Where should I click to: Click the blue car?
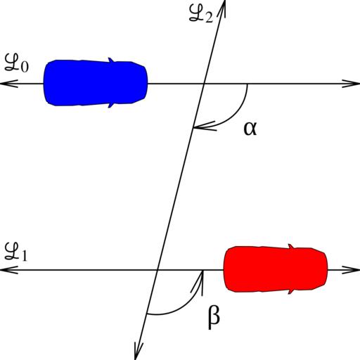click(96, 83)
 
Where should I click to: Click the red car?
click(276, 269)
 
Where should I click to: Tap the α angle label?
click(250, 129)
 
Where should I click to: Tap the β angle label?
click(214, 317)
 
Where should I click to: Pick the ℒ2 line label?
click(201, 14)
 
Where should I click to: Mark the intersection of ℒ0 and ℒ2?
click(204, 84)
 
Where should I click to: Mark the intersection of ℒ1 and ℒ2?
click(157, 270)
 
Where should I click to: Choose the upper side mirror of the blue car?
click(111, 60)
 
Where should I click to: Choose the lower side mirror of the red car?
click(291, 291)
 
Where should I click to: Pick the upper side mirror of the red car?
click(291, 247)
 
